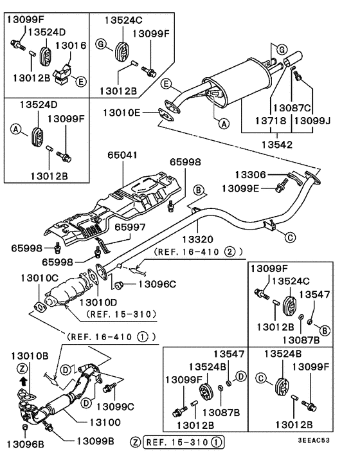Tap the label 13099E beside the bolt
click(x=242, y=188)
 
